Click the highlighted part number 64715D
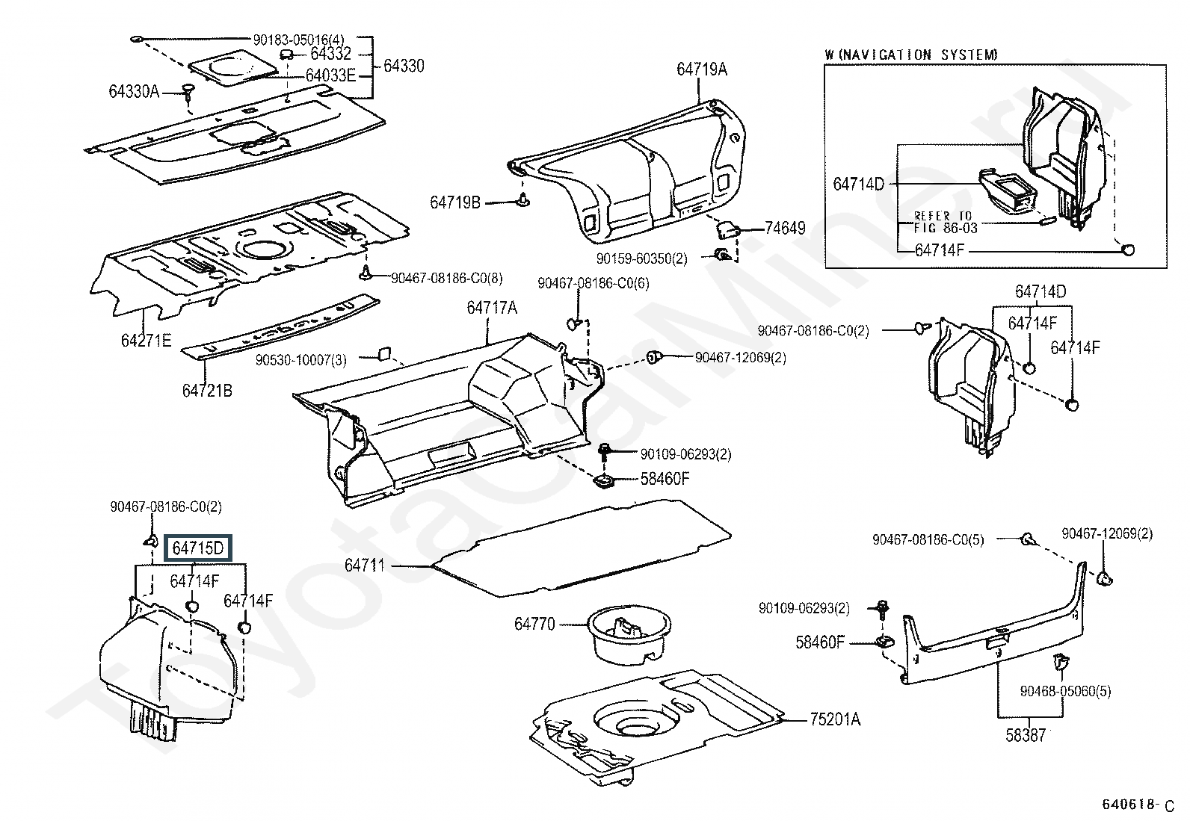198,549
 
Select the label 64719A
702,69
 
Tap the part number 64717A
492,308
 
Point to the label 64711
365,566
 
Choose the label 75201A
835,719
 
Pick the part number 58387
1026,735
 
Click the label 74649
785,228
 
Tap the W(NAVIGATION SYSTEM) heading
911,55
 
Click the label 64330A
134,91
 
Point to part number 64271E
146,341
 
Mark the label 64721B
207,390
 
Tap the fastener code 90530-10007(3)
300,359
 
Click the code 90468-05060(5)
1065,692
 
